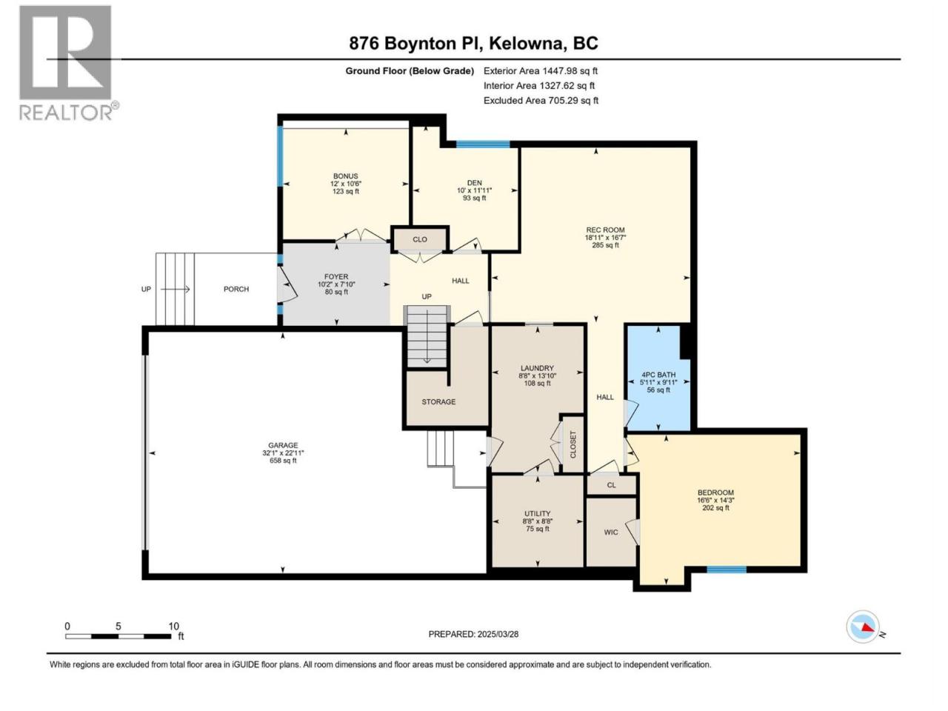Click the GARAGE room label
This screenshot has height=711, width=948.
tap(283, 445)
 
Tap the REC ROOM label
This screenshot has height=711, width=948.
tap(605, 230)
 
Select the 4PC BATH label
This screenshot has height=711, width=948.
tap(658, 375)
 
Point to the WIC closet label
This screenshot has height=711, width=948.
tap(611, 533)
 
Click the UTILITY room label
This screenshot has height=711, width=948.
tap(537, 513)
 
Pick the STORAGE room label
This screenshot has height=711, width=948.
tap(438, 402)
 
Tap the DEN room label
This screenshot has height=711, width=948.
tap(474, 183)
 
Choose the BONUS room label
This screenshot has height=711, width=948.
tap(346, 176)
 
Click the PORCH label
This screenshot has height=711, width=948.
tap(236, 290)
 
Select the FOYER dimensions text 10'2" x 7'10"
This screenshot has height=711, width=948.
tap(336, 284)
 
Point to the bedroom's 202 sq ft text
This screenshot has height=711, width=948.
tap(715, 508)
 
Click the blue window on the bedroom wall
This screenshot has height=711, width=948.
tap(727, 570)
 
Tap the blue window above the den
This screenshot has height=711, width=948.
tap(483, 144)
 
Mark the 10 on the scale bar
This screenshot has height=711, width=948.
tap(173, 626)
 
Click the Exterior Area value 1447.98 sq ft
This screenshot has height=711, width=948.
tap(570, 71)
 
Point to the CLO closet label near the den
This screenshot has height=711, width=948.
tap(420, 239)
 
